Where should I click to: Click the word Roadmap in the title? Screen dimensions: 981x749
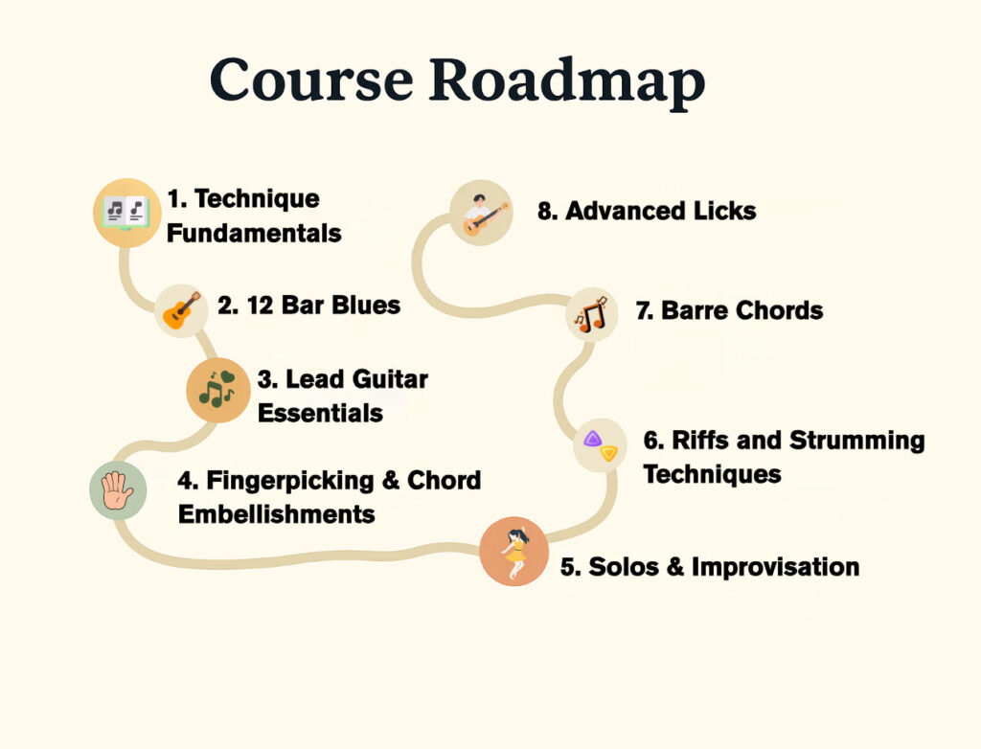(x=567, y=80)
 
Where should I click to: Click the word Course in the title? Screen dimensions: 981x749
(x=311, y=79)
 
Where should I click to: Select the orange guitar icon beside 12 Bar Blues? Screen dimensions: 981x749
(x=181, y=310)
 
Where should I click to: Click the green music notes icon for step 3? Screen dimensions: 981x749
(x=217, y=390)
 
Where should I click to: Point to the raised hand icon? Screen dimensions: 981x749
(x=118, y=490)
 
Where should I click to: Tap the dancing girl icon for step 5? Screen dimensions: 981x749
(x=514, y=552)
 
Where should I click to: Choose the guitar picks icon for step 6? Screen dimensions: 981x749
(x=600, y=444)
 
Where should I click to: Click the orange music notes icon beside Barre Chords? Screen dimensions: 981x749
(x=592, y=314)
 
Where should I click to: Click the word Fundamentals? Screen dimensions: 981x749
(x=254, y=234)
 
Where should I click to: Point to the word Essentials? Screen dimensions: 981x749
(x=320, y=413)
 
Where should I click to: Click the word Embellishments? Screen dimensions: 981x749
(x=277, y=514)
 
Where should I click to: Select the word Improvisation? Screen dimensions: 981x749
(x=775, y=567)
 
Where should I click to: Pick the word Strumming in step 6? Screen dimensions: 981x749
(x=856, y=441)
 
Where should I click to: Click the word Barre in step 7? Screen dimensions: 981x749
(x=695, y=310)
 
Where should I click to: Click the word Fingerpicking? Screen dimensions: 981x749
(x=290, y=481)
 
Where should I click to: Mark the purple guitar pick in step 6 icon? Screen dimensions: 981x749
(x=592, y=439)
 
